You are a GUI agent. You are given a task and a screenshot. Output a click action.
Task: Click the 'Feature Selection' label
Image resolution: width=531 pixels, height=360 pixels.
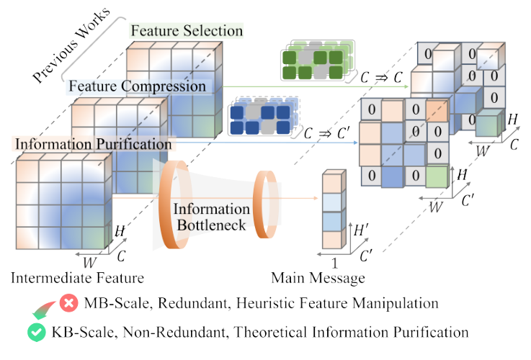(x=186, y=31)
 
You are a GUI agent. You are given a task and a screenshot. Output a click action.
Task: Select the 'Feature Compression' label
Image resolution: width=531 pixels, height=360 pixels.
(x=137, y=86)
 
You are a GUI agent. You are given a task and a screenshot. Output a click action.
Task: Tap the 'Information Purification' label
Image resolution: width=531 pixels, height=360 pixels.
(x=92, y=143)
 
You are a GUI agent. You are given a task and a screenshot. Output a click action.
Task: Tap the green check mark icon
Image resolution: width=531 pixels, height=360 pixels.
(x=34, y=332)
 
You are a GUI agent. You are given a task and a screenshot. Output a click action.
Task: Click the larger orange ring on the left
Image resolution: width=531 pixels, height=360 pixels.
(x=173, y=207)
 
